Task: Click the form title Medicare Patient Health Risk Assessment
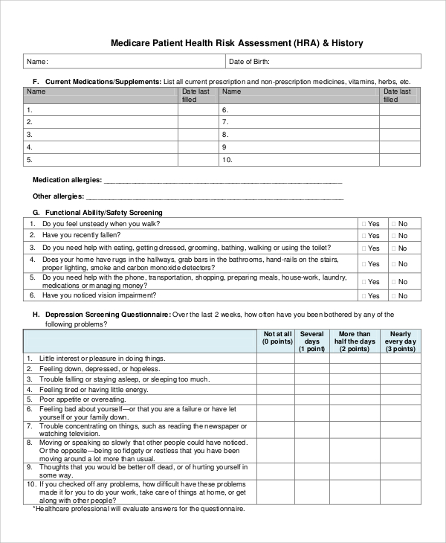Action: pyautogui.click(x=236, y=43)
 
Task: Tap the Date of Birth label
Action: pyautogui.click(x=249, y=62)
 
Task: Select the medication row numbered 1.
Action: pyautogui.click(x=30, y=109)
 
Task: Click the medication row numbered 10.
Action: pyautogui.click(x=227, y=159)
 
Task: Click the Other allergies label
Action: pyautogui.click(x=59, y=197)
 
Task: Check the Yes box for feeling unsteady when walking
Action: pyautogui.click(x=363, y=224)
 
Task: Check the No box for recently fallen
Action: pyautogui.click(x=393, y=236)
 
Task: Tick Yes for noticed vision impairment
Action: pyautogui.click(x=363, y=295)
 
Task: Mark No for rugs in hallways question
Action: pyautogui.click(x=393, y=264)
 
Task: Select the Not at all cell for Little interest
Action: pyautogui.click(x=276, y=359)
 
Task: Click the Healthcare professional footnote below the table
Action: pyautogui.click(x=139, y=510)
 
